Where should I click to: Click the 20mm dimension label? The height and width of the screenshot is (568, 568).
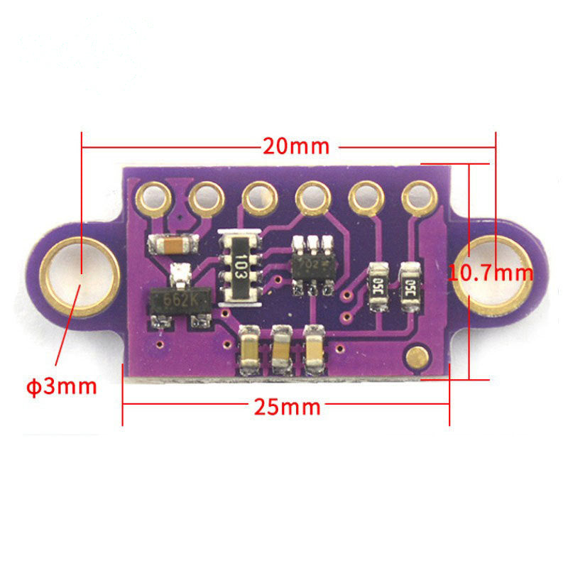[x=296, y=146]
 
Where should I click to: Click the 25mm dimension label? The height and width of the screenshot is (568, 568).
[x=287, y=408]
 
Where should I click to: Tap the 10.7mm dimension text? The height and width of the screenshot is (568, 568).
[x=491, y=272]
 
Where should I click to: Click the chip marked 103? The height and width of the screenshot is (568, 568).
[x=241, y=268]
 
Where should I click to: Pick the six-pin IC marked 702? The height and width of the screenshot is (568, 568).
[x=313, y=264]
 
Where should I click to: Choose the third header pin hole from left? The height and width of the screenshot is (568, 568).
[x=260, y=197]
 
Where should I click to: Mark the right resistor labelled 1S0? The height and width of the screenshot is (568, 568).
[x=410, y=287]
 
